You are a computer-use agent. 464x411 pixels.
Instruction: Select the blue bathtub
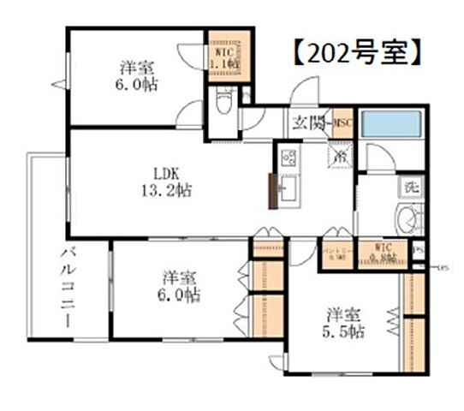pos(390,125)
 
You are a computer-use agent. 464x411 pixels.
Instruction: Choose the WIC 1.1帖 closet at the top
pos(228,57)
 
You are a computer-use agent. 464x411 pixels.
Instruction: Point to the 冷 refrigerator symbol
pos(340,158)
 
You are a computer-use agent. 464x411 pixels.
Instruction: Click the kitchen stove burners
pos(289,158)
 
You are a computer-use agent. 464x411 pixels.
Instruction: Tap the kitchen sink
pos(288,188)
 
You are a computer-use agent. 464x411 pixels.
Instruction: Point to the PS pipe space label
pos(418,251)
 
